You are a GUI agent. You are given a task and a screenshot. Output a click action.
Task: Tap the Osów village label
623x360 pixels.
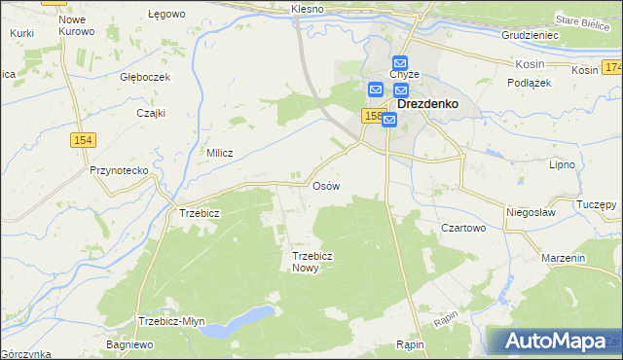point(325,185)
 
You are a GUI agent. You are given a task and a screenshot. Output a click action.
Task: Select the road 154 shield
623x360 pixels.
point(84,141)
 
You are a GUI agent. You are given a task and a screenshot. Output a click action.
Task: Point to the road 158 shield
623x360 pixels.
point(372,116)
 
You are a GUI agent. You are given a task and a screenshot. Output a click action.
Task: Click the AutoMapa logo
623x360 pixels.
point(556,342)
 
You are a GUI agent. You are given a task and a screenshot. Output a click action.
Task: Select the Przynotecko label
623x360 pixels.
point(118,170)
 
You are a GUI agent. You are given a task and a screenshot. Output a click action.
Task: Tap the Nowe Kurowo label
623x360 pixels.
point(77,25)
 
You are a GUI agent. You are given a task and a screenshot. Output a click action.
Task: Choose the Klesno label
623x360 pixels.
point(307,9)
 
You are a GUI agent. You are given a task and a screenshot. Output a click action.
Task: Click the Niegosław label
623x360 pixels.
point(530,211)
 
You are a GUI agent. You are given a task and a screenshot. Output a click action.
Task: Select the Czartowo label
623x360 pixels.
point(463,228)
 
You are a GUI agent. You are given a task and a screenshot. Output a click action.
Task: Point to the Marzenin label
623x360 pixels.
point(564,259)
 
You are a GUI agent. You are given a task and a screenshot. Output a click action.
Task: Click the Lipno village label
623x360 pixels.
point(563,165)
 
